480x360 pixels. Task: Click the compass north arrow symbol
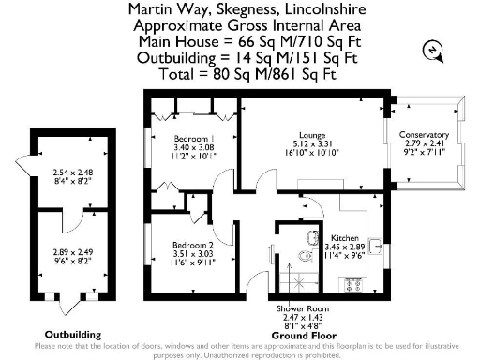(433, 49)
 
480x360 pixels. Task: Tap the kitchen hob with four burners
(355, 282)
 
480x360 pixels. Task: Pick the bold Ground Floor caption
(297, 335)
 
